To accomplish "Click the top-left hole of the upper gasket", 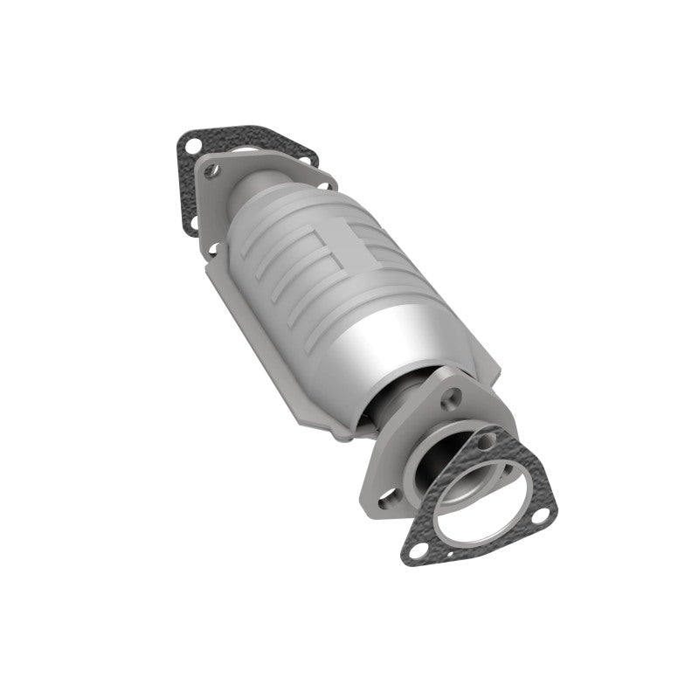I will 193,142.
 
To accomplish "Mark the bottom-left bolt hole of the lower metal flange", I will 383,502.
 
